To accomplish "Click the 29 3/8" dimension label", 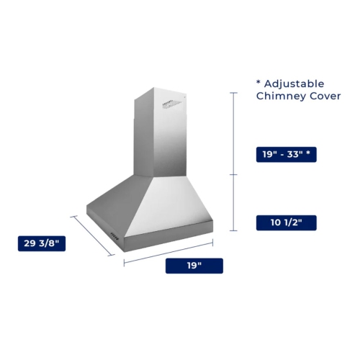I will (x=42, y=244).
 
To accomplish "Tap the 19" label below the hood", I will (x=194, y=266).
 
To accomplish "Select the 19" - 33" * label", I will (x=286, y=154).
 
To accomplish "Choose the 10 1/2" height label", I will (x=286, y=222).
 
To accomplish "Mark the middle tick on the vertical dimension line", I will (x=233, y=175).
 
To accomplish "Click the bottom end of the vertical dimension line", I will (x=233, y=231).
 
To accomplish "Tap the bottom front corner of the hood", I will (x=127, y=242).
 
